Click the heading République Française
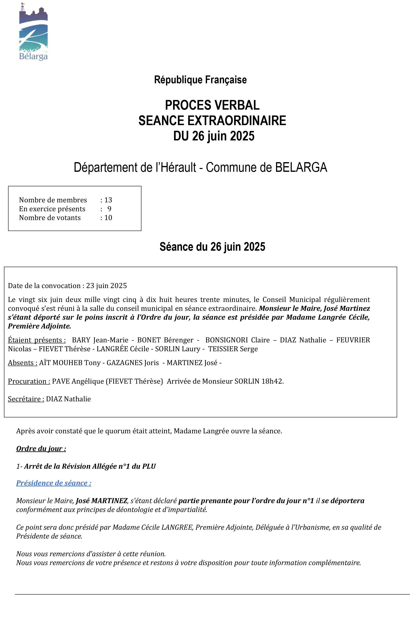[x=200, y=80]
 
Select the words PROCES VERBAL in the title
[x=212, y=105]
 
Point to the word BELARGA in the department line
[x=301, y=167]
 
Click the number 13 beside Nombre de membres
[x=108, y=200]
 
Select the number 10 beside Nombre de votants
[x=108, y=218]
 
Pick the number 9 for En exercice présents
[x=109, y=209]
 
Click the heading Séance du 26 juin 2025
[x=212, y=247]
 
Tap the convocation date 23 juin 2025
[x=106, y=286]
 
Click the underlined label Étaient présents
[x=37, y=340]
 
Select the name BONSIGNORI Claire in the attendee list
[x=237, y=340]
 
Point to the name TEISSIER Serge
[x=233, y=349]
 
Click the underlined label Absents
[x=23, y=363]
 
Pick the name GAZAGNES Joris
[x=133, y=363]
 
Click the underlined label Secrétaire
[x=26, y=399]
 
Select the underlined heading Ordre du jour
[x=41, y=449]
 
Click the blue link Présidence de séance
[x=54, y=483]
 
